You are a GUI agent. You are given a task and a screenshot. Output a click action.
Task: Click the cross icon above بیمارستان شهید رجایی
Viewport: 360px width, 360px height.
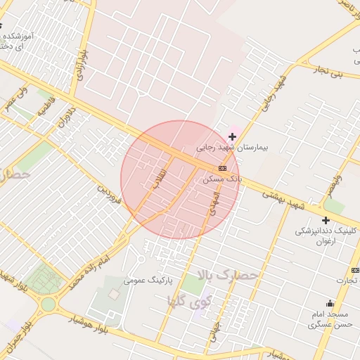point(233,136)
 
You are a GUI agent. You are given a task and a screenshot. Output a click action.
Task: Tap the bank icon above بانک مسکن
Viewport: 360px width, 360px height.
point(223,168)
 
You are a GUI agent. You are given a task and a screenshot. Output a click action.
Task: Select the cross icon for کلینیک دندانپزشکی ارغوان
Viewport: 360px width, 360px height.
point(326,221)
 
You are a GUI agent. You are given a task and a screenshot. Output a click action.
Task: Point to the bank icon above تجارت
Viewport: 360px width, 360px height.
point(355,271)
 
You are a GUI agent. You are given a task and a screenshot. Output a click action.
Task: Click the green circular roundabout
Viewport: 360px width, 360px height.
point(48,304)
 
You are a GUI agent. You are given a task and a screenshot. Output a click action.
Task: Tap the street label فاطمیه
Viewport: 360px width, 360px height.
point(46,110)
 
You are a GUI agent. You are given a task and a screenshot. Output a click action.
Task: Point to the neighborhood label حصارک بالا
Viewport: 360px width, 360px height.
point(228,275)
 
